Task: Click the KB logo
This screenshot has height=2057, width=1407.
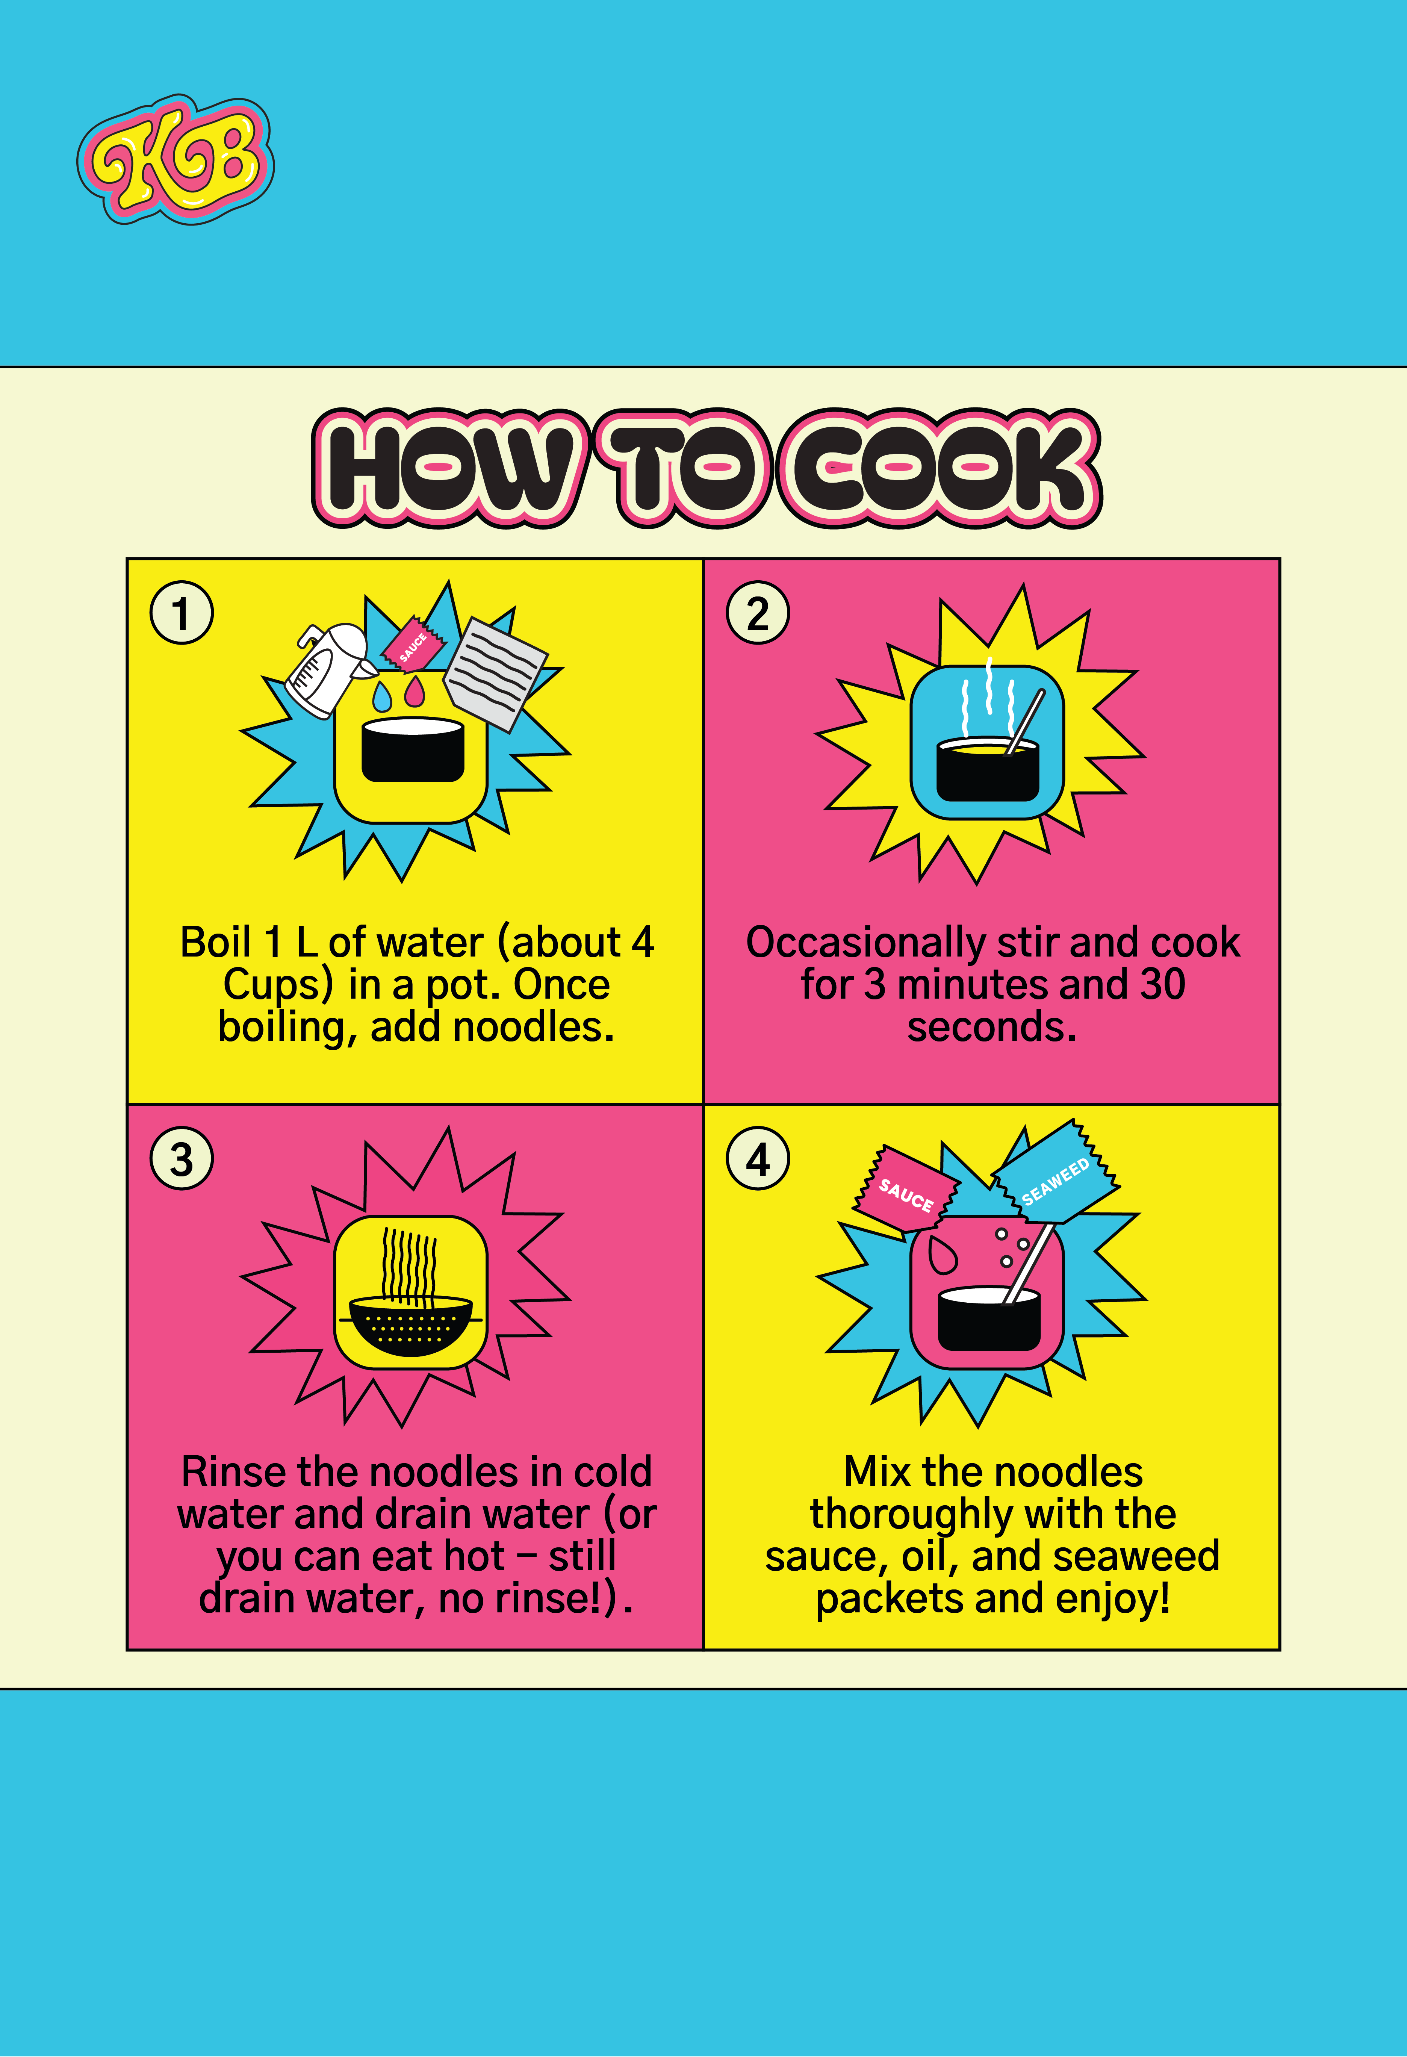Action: pyautogui.click(x=175, y=159)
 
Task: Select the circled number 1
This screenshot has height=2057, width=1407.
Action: pyautogui.click(x=182, y=613)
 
